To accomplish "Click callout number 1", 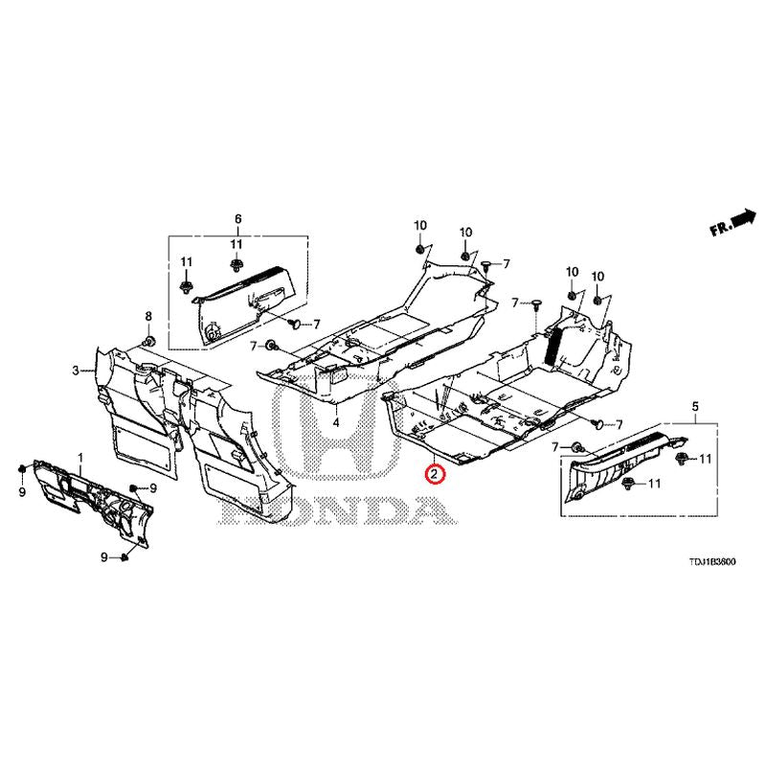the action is [80, 458].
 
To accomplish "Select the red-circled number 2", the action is [434, 473].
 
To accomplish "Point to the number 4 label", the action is [336, 422].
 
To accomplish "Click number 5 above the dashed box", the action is [695, 406].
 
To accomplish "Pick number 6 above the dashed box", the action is [238, 218].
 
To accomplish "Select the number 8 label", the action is [148, 316].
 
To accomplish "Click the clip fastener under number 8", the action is [148, 341].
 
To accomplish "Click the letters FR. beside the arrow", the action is [722, 227].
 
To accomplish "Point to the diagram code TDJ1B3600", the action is [712, 562].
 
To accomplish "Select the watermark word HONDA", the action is [340, 510].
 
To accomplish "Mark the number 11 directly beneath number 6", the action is [237, 244].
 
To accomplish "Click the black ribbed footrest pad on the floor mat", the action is [553, 347].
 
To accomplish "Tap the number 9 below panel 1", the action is [104, 557].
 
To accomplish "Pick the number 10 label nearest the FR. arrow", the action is [597, 277].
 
